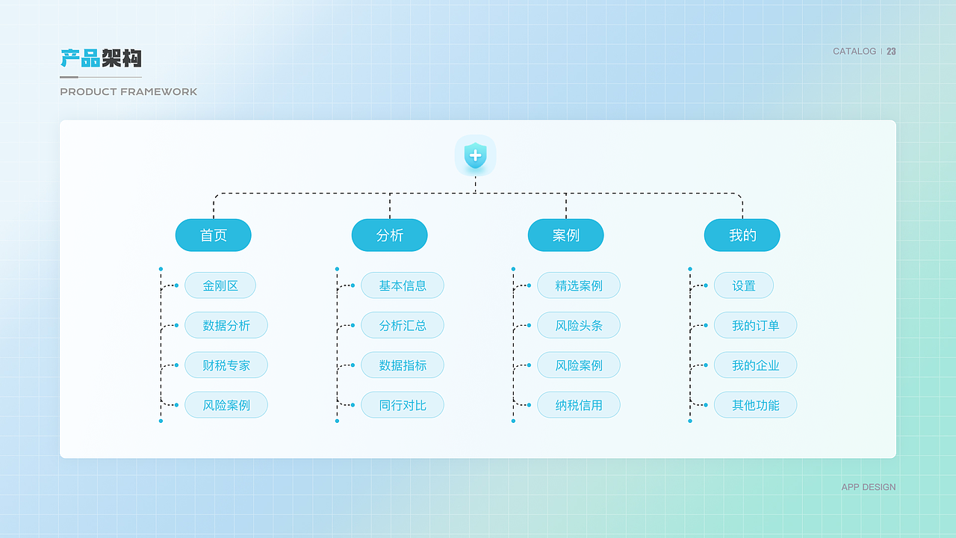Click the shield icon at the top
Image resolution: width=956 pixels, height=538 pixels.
point(475,155)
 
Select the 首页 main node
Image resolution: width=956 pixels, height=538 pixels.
point(214,235)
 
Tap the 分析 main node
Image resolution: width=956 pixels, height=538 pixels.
point(390,235)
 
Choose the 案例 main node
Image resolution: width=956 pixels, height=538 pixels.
point(566,235)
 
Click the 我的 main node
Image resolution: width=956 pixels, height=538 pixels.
point(742,235)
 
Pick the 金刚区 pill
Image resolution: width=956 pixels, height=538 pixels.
point(220,285)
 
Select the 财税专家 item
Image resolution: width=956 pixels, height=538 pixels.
point(226,365)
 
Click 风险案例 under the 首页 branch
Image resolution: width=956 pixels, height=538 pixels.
point(226,405)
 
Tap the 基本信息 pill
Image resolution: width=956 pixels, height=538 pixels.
point(403,285)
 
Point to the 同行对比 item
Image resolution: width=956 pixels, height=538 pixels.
point(403,405)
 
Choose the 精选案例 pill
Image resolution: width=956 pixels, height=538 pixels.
point(579,285)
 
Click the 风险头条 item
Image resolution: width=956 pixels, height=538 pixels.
point(579,325)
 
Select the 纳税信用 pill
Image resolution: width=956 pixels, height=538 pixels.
point(579,405)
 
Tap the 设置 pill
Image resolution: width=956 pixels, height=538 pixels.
point(744,285)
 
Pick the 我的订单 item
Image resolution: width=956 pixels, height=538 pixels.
point(755,325)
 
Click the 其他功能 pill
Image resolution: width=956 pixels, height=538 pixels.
point(755,405)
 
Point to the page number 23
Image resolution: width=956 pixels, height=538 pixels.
point(891,52)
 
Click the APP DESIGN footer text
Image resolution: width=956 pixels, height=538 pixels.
point(869,487)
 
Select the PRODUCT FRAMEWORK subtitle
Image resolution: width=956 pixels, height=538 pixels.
point(128,92)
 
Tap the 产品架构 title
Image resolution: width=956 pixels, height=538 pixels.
point(101,58)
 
